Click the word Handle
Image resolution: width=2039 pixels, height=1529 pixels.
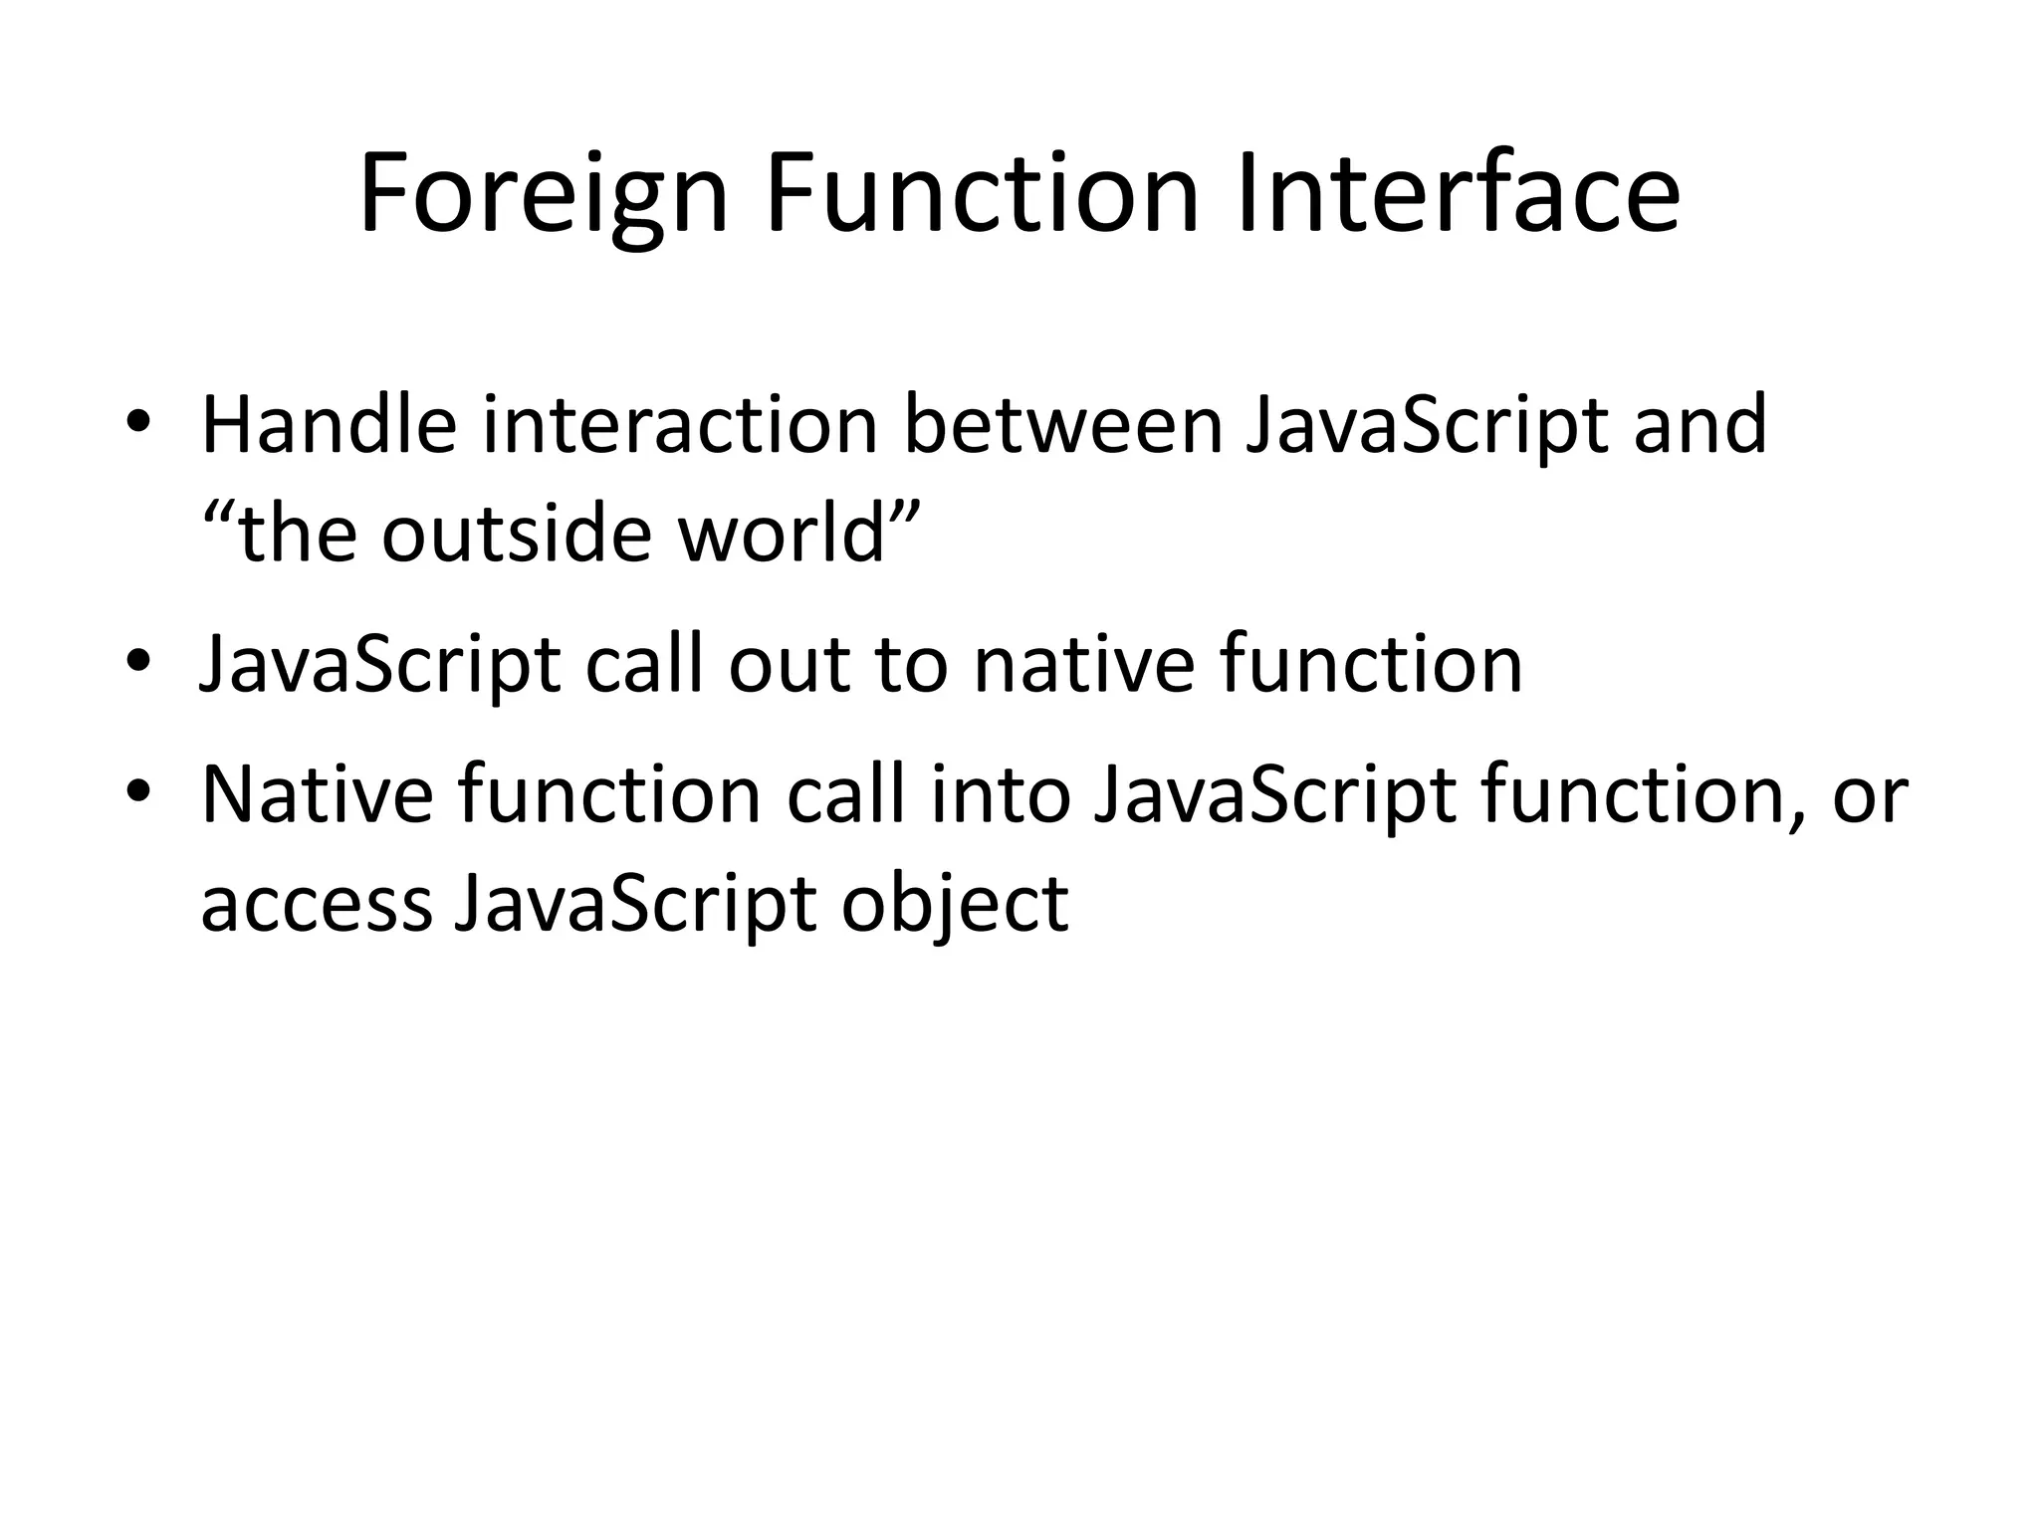click(330, 425)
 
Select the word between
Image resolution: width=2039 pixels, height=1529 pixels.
click(1061, 425)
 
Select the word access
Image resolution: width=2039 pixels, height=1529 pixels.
click(317, 905)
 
